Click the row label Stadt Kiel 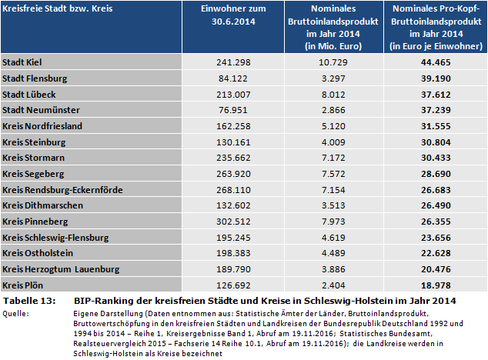click(23, 62)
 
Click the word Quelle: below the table click(16, 313)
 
